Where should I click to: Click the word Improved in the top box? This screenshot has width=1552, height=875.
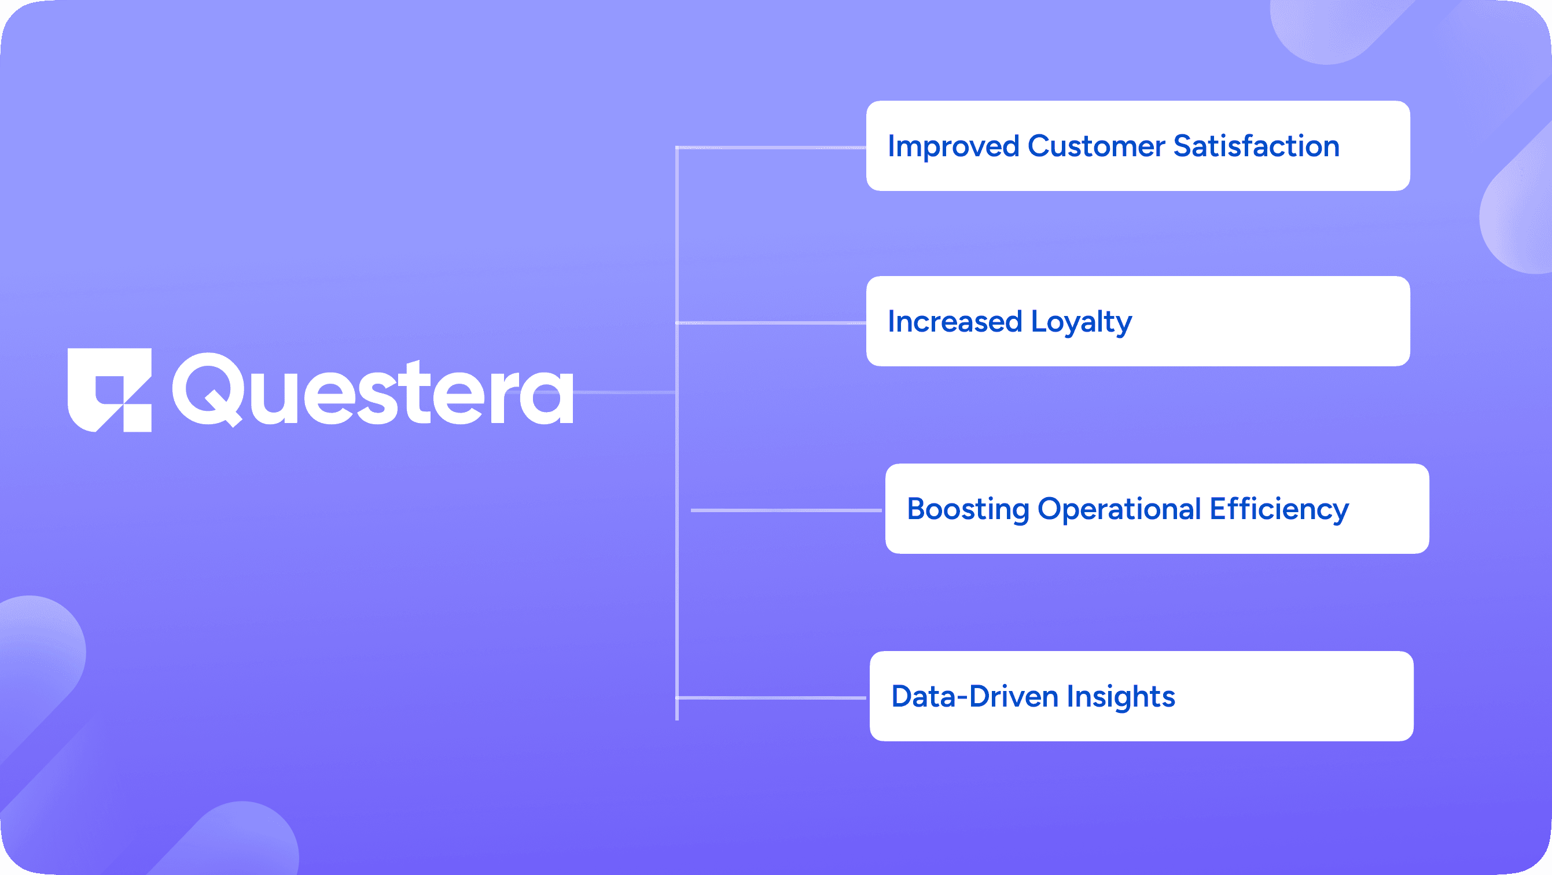coord(953,146)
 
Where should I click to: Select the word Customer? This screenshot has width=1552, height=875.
coord(1096,146)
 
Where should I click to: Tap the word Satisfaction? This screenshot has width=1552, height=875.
coord(1256,146)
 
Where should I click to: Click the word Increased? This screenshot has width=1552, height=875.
coord(954,322)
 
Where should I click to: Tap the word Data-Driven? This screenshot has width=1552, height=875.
coord(974,697)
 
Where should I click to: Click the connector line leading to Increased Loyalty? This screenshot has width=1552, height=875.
coord(771,323)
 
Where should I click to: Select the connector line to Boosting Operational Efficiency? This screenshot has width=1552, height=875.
coord(786,510)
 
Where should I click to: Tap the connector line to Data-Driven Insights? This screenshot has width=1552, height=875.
coord(771,698)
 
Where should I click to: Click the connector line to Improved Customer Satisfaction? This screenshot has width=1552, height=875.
coord(771,148)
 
